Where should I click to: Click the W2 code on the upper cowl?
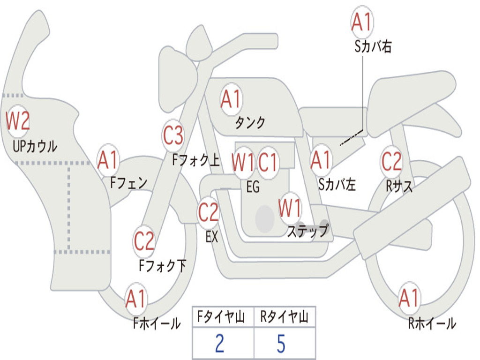tap(18, 121)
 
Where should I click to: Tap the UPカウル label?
tap(35, 146)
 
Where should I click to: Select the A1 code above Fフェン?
tap(108, 160)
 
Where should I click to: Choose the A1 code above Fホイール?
tap(136, 299)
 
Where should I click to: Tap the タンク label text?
tap(250, 123)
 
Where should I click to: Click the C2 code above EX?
tap(208, 213)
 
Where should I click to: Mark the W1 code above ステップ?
tap(290, 209)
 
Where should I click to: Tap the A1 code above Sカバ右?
tap(361, 22)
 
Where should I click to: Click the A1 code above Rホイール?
tap(409, 298)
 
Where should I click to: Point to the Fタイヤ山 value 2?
tap(219, 344)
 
